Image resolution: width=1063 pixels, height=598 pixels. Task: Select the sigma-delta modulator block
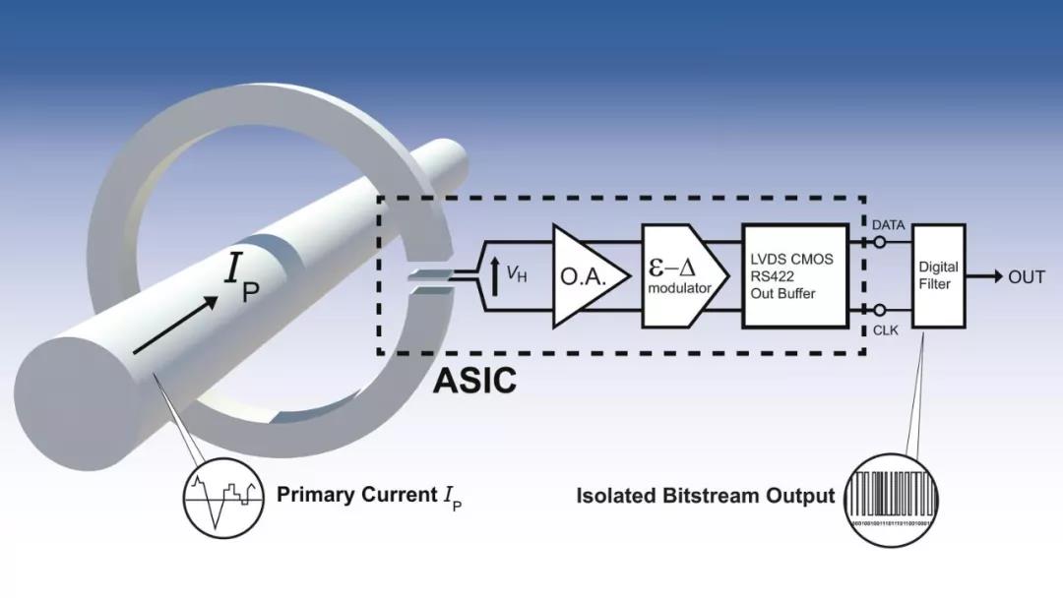[682, 276]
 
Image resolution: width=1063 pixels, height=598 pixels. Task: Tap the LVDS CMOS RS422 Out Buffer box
[794, 276]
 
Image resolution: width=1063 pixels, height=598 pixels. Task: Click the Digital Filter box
[938, 276]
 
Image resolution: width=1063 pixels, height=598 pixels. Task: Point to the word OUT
[1026, 277]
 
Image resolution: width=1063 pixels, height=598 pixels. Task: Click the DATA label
[888, 225]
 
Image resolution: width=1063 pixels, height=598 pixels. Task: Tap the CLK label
[886, 330]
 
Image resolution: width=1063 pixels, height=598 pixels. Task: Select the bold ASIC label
[474, 381]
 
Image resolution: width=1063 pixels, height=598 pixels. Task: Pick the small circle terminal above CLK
[880, 310]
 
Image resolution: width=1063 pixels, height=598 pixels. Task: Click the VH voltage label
[517, 276]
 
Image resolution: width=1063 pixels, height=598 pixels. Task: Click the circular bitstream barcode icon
[893, 497]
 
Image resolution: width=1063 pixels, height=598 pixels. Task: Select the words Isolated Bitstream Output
[705, 496]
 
